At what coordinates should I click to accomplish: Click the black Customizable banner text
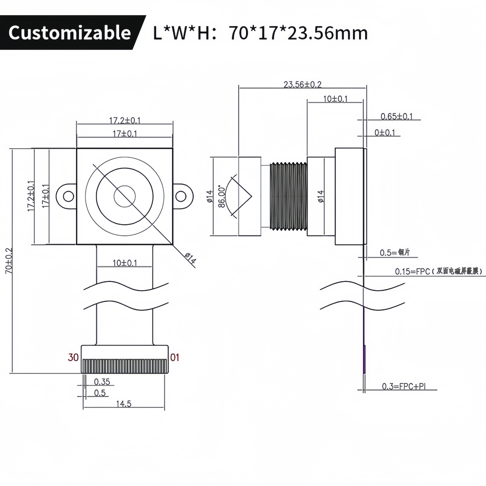[70, 33]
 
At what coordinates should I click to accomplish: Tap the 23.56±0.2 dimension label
[302, 84]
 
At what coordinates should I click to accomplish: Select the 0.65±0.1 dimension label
[397, 116]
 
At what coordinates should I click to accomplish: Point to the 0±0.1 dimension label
[384, 133]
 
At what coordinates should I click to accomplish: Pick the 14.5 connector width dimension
[124, 404]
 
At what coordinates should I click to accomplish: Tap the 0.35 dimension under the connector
[102, 382]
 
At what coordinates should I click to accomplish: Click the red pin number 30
[73, 357]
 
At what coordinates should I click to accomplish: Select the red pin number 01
[174, 357]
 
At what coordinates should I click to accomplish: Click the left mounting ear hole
[69, 196]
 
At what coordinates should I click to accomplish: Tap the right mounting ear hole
[181, 196]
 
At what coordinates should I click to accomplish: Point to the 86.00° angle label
[222, 196]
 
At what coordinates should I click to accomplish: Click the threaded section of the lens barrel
[289, 196]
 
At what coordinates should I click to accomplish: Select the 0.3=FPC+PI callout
[403, 386]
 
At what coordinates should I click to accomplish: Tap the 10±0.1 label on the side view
[335, 99]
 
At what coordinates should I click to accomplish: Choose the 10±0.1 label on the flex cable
[125, 263]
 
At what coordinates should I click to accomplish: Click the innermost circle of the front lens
[125, 196]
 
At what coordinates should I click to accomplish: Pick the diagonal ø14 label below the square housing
[190, 259]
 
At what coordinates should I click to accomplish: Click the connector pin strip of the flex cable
[125, 366]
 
